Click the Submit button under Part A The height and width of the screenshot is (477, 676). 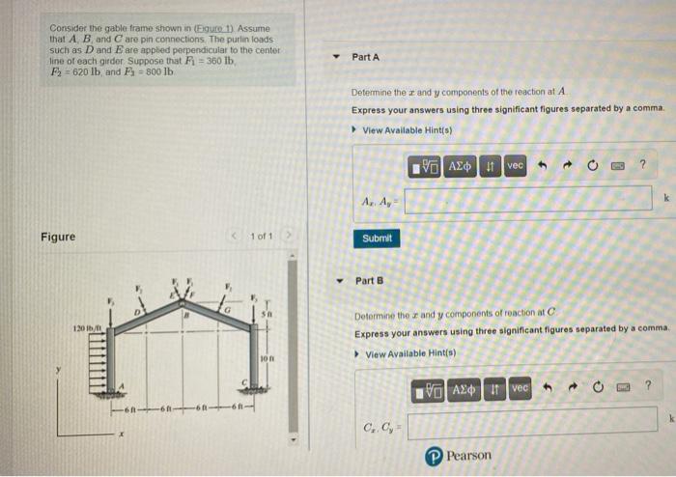[377, 238]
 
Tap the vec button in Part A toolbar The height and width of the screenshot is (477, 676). [515, 166]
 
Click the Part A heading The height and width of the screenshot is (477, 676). [366, 57]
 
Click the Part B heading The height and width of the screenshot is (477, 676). [369, 281]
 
